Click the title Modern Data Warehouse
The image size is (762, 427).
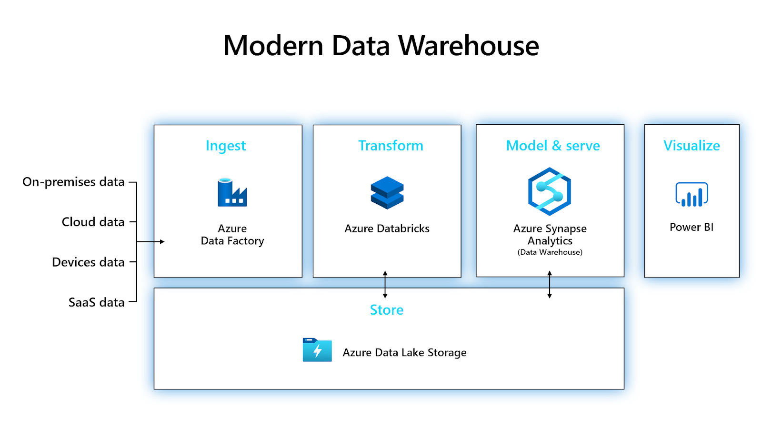pyautogui.click(x=381, y=46)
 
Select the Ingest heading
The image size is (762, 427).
pyautogui.click(x=226, y=146)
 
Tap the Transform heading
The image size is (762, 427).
pyautogui.click(x=391, y=146)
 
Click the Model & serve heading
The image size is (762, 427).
pyautogui.click(x=553, y=146)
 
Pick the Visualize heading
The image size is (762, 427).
pyautogui.click(x=692, y=146)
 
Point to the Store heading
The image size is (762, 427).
pyautogui.click(x=386, y=310)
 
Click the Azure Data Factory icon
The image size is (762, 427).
pyautogui.click(x=232, y=192)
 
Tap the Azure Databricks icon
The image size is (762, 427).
pyautogui.click(x=387, y=193)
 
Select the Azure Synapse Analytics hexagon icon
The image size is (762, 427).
pyautogui.click(x=550, y=191)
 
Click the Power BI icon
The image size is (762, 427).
pyautogui.click(x=692, y=194)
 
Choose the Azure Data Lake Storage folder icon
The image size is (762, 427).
pyautogui.click(x=317, y=349)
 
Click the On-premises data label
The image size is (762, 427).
pyautogui.click(x=73, y=182)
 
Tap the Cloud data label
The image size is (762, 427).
pyautogui.click(x=93, y=222)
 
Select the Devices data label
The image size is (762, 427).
pyautogui.click(x=88, y=262)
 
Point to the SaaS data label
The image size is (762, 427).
pyautogui.click(x=97, y=302)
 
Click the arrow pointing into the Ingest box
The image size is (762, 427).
pyautogui.click(x=150, y=242)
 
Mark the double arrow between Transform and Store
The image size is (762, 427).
pyautogui.click(x=385, y=285)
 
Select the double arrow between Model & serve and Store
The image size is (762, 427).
pyautogui.click(x=550, y=285)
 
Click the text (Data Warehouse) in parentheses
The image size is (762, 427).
pyautogui.click(x=550, y=252)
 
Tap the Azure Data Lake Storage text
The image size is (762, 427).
pyautogui.click(x=404, y=353)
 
